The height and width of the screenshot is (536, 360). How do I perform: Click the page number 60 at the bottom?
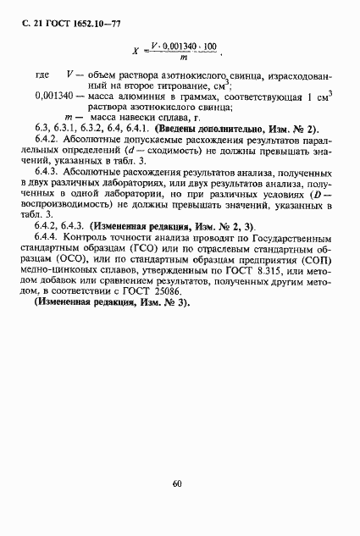point(176,484)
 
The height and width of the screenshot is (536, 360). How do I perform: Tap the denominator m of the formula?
point(183,57)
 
